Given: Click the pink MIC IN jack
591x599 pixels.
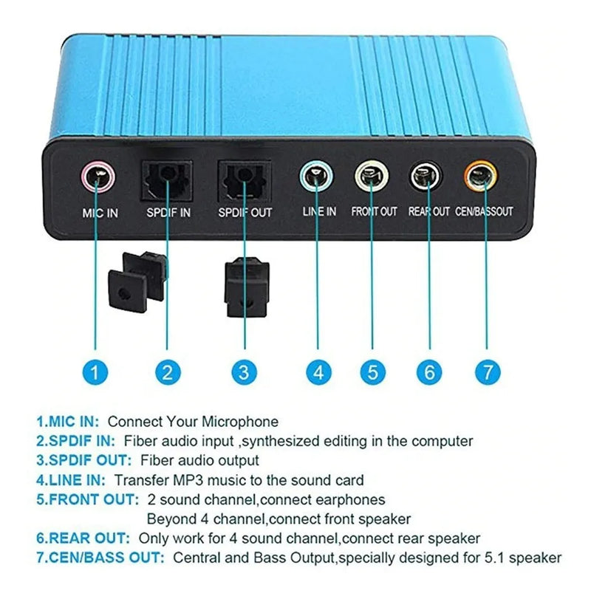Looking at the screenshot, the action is [98, 177].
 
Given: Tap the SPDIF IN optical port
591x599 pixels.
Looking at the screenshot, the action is [167, 180].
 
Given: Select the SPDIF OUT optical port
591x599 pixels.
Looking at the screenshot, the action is [244, 181].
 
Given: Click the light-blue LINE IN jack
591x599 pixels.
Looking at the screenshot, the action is [316, 177].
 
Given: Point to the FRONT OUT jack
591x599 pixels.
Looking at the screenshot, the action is [372, 177].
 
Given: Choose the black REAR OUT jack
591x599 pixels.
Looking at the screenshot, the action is [426, 177].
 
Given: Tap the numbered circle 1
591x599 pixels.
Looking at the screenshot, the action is [95, 372].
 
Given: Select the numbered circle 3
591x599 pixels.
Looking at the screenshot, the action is [244, 372].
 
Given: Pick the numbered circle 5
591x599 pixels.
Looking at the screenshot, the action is [373, 372].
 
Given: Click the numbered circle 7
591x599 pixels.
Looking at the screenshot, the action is [488, 372].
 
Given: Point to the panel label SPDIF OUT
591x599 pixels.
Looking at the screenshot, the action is [245, 213].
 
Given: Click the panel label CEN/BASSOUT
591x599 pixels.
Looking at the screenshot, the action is [484, 211].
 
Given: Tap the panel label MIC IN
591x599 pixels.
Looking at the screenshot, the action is [100, 213].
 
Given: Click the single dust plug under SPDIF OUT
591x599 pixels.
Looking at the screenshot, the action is [247, 287].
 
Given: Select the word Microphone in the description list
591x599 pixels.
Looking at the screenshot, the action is [240, 422].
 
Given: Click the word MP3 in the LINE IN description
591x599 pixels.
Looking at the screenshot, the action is [188, 480].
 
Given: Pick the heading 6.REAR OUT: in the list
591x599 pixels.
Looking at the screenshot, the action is [83, 538].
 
